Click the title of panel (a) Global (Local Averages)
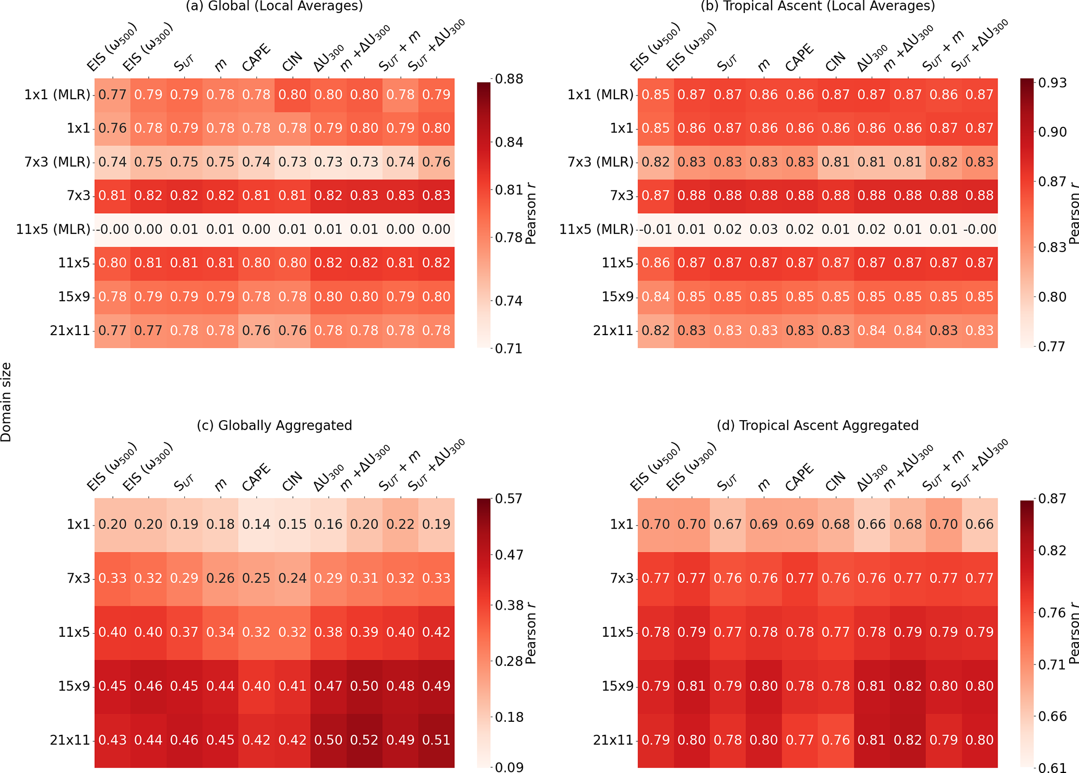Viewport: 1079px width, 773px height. [x=274, y=6]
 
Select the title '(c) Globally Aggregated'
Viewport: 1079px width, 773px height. [x=274, y=425]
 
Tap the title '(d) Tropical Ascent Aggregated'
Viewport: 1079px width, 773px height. [x=817, y=425]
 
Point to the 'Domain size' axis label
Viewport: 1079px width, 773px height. [x=6, y=402]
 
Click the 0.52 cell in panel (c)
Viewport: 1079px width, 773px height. [x=364, y=740]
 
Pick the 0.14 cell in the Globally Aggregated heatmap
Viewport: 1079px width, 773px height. [x=256, y=524]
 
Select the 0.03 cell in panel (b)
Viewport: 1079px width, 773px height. [x=764, y=229]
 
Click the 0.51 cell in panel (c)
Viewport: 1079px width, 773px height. [x=436, y=740]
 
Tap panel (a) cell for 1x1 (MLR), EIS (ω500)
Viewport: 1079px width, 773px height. [x=113, y=94]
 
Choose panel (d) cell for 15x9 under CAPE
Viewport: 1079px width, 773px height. [x=800, y=686]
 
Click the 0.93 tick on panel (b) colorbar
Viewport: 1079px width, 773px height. [x=1051, y=82]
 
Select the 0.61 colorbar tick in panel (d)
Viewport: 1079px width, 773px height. [x=1051, y=767]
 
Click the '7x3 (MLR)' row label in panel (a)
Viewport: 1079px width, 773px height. [x=57, y=162]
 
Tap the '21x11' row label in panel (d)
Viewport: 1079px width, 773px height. [x=613, y=740]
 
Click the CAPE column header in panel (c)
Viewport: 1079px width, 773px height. [x=256, y=477]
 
